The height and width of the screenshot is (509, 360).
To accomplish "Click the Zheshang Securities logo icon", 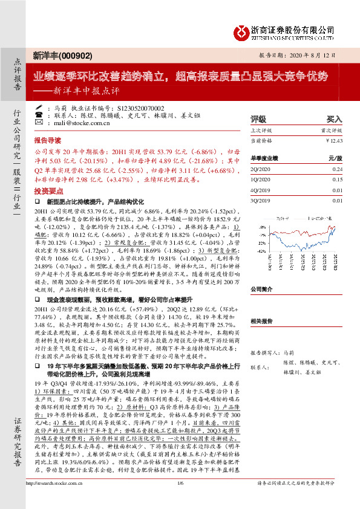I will [x=243, y=31].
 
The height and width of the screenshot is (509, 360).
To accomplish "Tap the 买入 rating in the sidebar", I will [x=334, y=120].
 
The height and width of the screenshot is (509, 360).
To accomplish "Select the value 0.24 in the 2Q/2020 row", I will [x=338, y=169].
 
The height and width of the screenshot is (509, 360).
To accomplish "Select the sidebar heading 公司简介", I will [x=263, y=272].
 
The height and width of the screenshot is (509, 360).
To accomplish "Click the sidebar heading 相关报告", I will [x=263, y=322].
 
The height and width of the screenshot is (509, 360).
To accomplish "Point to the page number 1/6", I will [x=180, y=500].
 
